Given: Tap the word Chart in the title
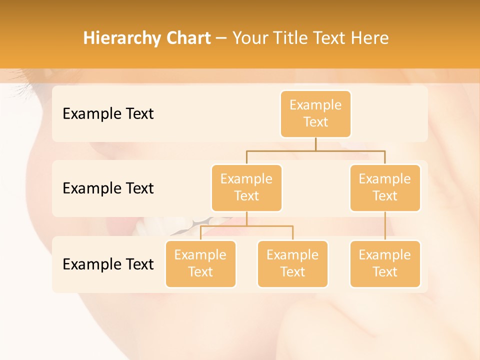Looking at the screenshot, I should (x=186, y=38).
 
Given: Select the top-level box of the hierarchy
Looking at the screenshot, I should (x=315, y=113).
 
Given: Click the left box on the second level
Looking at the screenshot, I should (x=246, y=187).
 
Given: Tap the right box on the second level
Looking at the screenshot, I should (x=385, y=187).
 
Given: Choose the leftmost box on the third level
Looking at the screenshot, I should (x=200, y=263).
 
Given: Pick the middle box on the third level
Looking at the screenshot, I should (x=292, y=263).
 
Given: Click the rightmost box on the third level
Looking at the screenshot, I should (x=385, y=263).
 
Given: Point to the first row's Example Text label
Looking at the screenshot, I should (x=108, y=114).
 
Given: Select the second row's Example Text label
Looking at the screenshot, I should (x=108, y=188).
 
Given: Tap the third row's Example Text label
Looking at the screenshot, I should (x=108, y=264).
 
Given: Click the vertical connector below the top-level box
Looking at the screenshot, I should (x=315, y=144).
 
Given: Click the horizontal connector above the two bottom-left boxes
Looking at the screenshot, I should (x=246, y=226).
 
